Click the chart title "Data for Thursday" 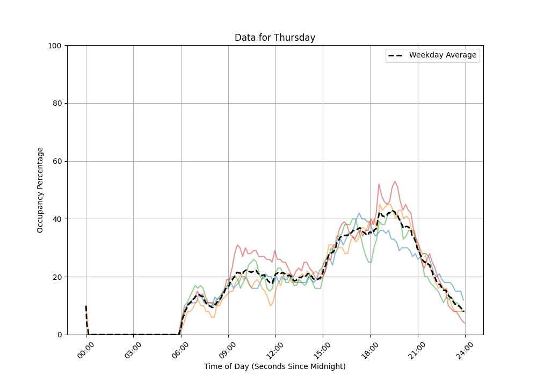point(274,38)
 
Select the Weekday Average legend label point(442,55)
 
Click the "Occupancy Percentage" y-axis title point(40,190)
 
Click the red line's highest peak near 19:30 point(395,182)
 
